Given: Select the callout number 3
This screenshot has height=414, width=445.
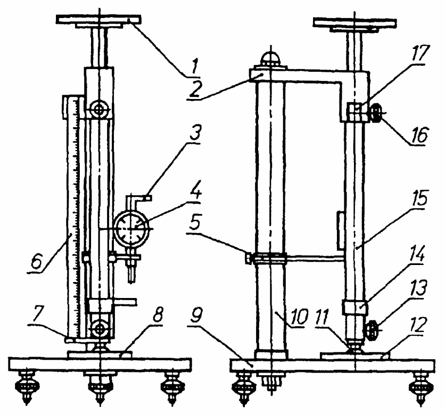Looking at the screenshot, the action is point(195,134).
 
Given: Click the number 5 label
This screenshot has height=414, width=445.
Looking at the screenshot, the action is point(195,224).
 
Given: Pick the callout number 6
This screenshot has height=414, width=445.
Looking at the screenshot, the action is point(37,263).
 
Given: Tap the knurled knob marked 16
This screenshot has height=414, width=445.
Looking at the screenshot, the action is point(376,114).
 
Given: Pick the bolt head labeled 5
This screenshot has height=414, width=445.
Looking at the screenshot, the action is point(249,259).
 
